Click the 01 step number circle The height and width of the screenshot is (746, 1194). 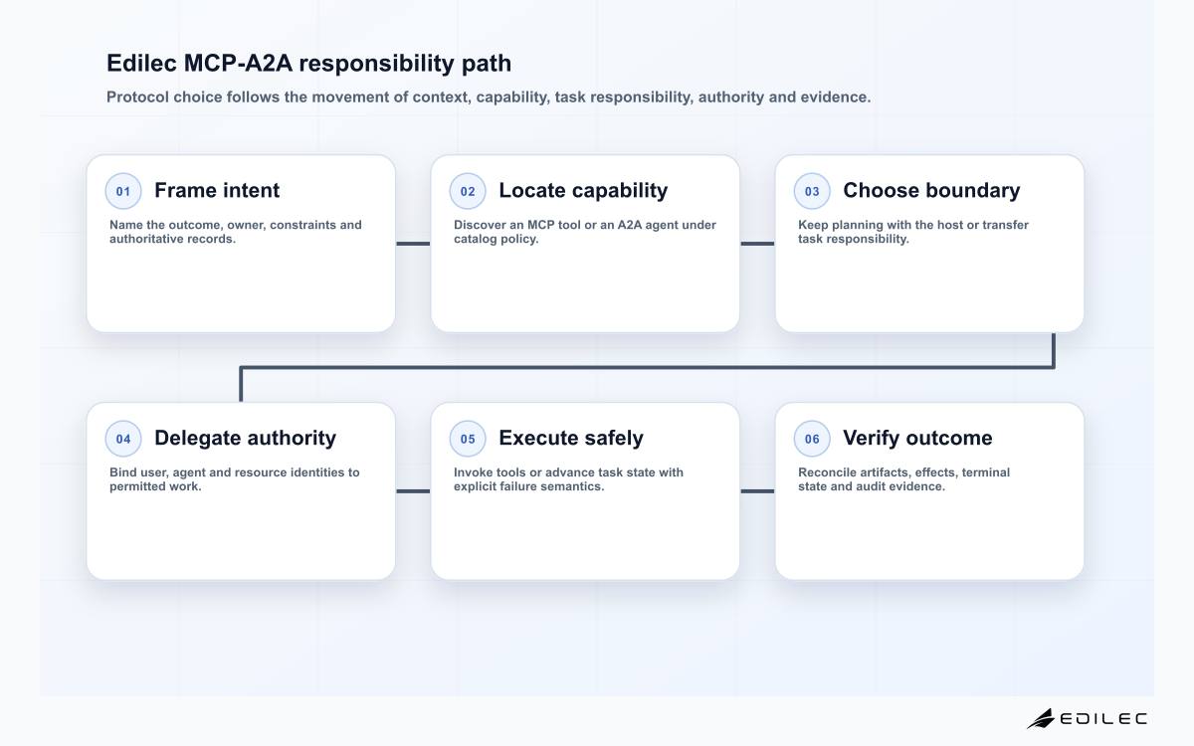(x=123, y=191)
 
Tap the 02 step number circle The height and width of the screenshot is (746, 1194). (x=468, y=191)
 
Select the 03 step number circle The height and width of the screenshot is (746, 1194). (x=812, y=191)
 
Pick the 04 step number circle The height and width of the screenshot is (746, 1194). (x=123, y=439)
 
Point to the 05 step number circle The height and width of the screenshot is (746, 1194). (x=468, y=439)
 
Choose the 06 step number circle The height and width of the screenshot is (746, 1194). (x=812, y=439)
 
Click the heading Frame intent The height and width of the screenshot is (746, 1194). (x=217, y=190)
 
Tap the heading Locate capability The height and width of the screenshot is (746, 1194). (x=583, y=191)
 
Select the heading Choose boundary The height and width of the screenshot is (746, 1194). (x=931, y=191)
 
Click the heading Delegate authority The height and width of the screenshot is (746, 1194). (x=245, y=439)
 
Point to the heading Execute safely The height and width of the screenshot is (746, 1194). (x=571, y=439)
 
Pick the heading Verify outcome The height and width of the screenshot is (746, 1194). (x=917, y=438)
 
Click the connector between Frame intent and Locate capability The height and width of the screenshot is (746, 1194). (x=413, y=244)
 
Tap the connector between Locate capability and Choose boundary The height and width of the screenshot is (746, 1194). (x=757, y=244)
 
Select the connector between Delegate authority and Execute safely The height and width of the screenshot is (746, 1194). (x=413, y=491)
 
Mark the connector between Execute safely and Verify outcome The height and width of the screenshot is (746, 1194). (x=757, y=491)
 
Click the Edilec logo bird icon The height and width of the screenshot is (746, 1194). (x=1041, y=718)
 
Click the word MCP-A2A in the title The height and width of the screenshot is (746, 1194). (x=238, y=63)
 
